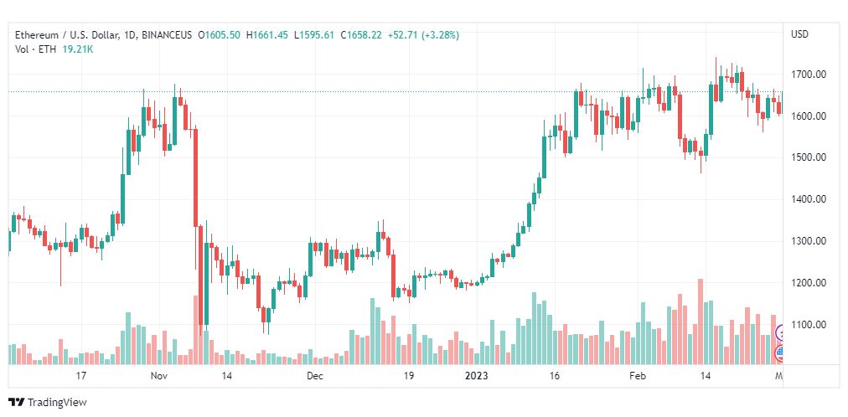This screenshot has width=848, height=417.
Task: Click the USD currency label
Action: (800, 34)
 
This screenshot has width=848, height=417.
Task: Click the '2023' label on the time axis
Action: (477, 375)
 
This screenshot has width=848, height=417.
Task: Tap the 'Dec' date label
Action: (314, 375)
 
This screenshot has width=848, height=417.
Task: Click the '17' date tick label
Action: (81, 375)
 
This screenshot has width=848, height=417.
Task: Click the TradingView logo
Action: (48, 403)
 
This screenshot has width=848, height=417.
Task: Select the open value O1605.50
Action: (220, 35)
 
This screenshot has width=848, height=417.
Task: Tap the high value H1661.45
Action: (267, 35)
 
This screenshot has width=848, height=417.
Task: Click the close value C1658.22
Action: (361, 35)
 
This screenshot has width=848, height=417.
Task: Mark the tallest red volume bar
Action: (701, 322)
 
